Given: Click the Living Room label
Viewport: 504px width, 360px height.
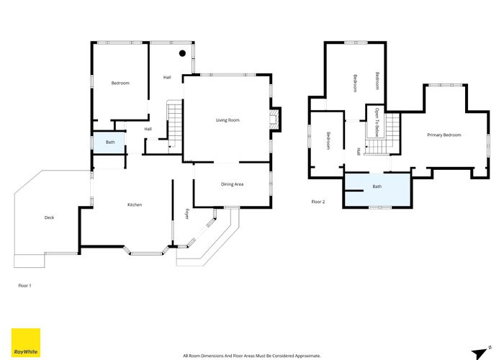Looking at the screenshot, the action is point(228,120).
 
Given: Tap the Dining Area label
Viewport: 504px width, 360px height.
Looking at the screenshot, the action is point(232,184).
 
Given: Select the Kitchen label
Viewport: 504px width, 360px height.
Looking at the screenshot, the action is point(135,204).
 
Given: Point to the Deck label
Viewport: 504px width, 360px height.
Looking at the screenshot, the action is point(49,217).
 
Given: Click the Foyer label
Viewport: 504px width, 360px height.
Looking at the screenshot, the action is point(186,214).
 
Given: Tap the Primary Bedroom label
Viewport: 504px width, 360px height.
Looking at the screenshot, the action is point(444,135).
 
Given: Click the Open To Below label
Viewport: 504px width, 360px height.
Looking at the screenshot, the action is point(377,122).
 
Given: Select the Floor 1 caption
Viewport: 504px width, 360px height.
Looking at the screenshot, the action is point(24,285).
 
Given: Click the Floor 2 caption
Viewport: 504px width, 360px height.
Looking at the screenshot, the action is point(318,202).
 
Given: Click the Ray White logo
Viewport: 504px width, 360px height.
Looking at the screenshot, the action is point(26,343).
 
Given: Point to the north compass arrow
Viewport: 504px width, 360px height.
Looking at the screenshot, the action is point(480,353).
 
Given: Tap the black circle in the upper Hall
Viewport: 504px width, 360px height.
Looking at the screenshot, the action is point(182,53).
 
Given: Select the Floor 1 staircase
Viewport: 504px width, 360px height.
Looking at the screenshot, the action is point(174,127).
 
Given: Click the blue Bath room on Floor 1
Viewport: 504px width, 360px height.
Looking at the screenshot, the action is point(109,143).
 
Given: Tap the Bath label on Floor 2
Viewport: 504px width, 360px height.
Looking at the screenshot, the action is point(377,186).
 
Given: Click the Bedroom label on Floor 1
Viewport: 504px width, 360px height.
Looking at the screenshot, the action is point(120,84).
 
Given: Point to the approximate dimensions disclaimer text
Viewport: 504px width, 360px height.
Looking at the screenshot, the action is point(252,356).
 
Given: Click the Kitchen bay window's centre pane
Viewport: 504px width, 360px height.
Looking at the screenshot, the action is point(146,254).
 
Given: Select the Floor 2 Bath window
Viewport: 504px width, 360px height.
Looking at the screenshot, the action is point(380,207).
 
